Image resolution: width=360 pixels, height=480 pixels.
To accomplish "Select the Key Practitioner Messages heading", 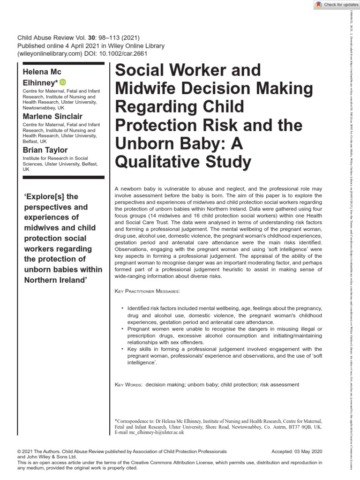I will point(147,291).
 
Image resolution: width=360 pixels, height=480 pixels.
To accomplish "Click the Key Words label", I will point(128,384).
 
